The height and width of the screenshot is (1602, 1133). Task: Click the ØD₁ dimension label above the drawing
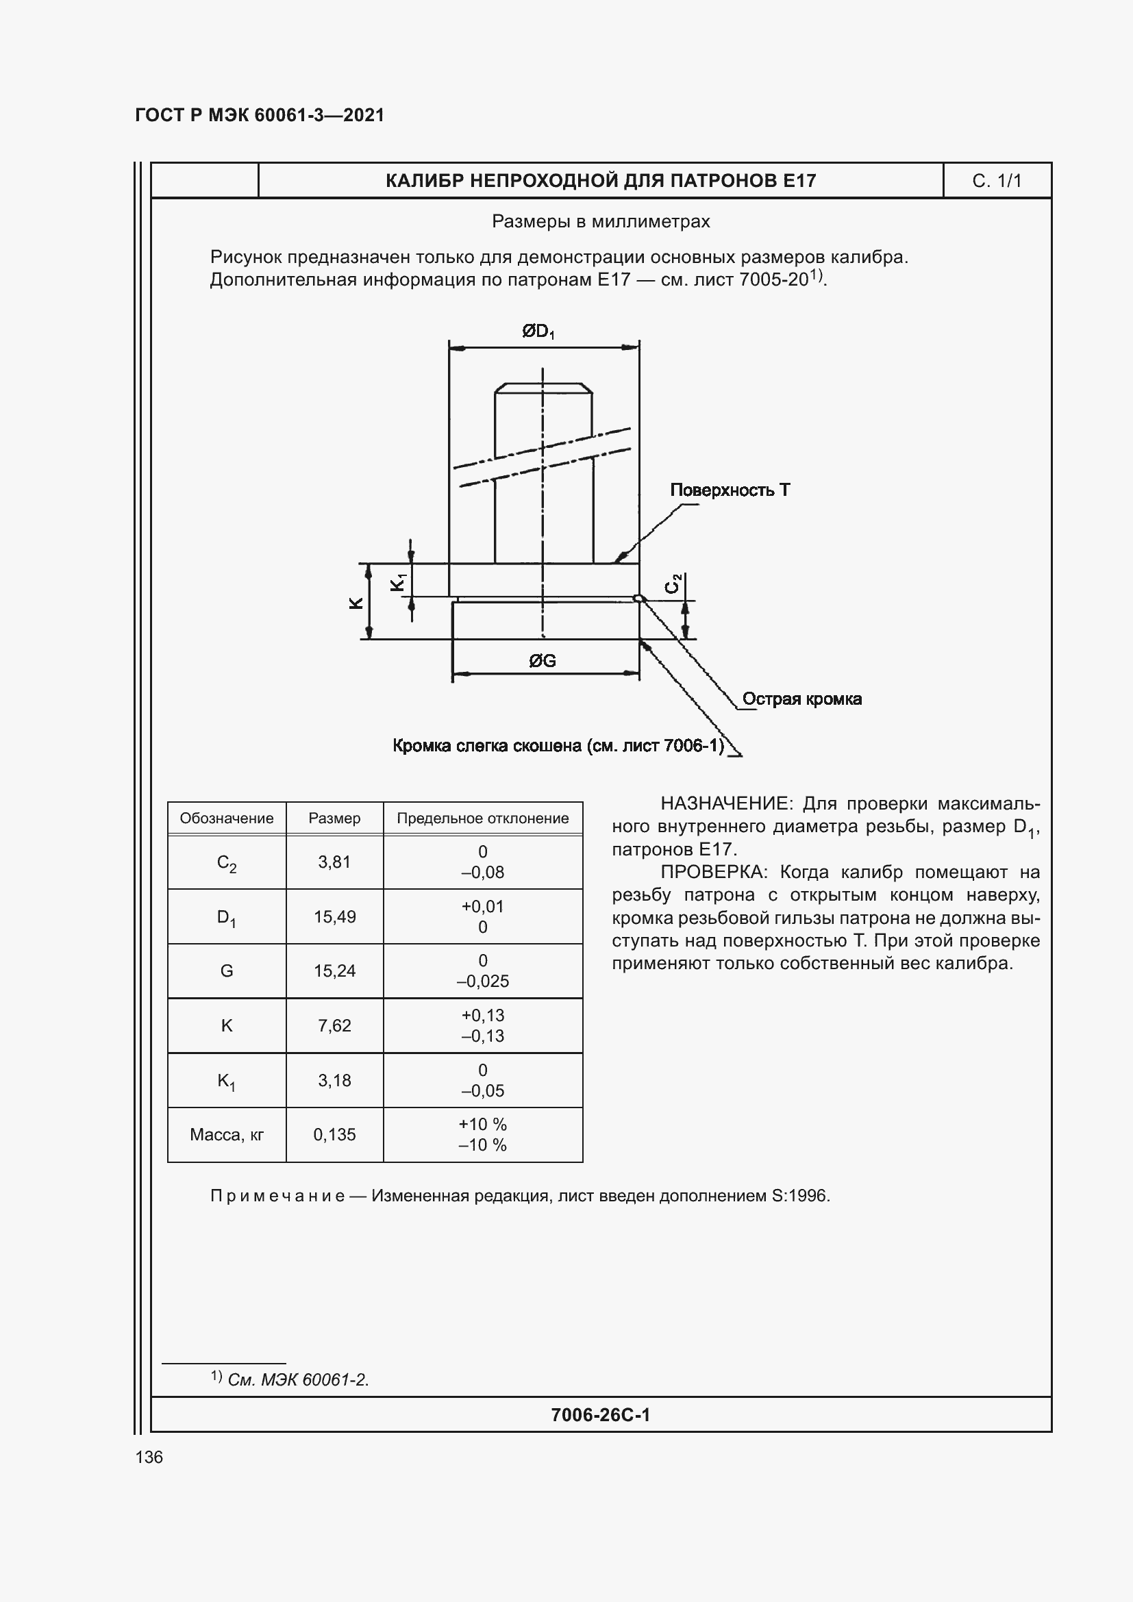[538, 331]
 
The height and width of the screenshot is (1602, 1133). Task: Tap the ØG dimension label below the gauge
[542, 661]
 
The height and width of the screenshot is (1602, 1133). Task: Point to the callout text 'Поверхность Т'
[730, 490]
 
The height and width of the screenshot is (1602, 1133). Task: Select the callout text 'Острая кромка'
[801, 699]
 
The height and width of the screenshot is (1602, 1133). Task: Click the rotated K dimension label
[356, 603]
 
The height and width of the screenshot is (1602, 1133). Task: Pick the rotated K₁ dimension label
[398, 582]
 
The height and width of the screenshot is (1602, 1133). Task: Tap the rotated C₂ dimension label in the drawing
[673, 584]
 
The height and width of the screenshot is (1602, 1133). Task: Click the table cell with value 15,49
[334, 917]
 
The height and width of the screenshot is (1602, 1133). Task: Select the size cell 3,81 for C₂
[334, 862]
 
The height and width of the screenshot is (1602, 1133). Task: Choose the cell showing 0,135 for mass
[334, 1134]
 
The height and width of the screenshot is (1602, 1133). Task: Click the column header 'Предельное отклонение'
[483, 818]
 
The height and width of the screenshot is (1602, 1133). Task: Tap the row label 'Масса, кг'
[227, 1134]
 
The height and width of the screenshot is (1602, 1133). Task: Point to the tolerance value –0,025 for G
[483, 981]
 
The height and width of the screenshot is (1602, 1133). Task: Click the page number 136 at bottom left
[149, 1457]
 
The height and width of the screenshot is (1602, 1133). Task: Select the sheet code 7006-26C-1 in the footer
[600, 1414]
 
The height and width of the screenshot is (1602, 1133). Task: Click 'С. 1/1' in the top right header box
[996, 181]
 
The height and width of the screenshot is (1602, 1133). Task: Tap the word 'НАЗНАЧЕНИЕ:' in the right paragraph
[726, 804]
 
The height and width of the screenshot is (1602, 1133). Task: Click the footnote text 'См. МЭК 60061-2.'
[298, 1379]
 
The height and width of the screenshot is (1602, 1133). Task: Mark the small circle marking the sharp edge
[637, 598]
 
